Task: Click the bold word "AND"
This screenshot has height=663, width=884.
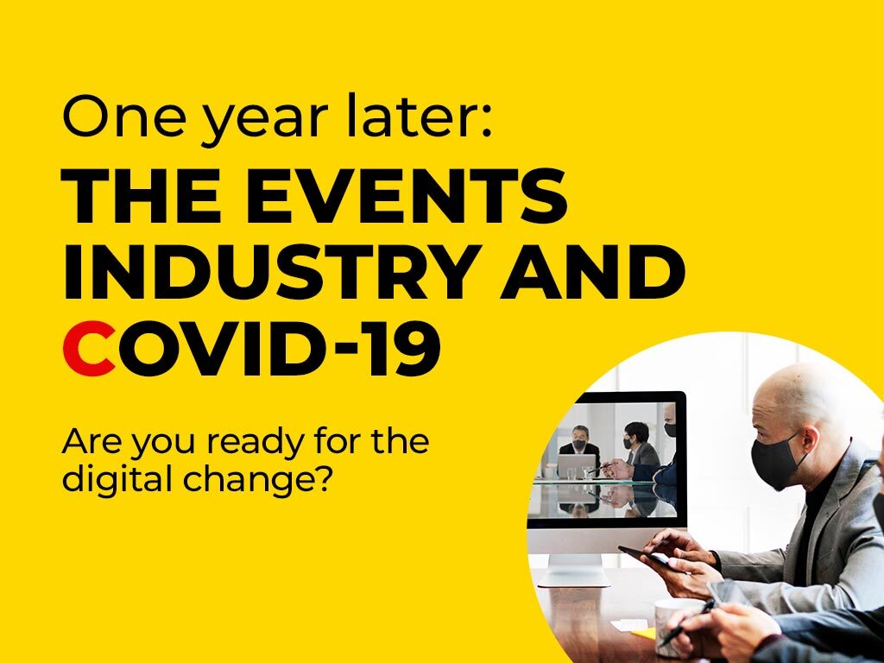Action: (593, 271)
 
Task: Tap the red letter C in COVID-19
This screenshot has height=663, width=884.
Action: (89, 348)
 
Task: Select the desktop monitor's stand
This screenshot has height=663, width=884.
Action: (573, 570)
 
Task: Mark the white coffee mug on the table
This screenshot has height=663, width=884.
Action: (674, 618)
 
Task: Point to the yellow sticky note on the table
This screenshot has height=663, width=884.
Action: (644, 634)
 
